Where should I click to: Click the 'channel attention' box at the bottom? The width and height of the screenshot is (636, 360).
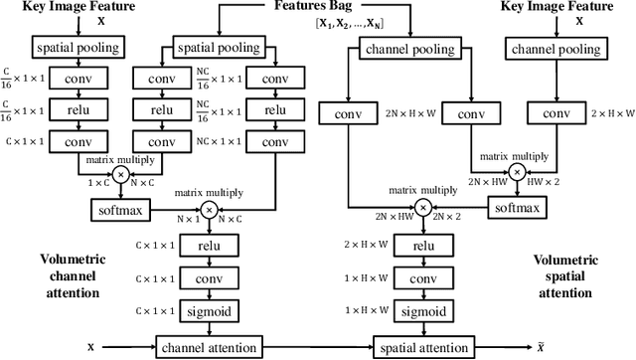click(x=210, y=347)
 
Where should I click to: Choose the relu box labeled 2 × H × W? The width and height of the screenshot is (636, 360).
click(x=423, y=244)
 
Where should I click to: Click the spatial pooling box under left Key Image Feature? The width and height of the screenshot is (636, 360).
click(x=78, y=47)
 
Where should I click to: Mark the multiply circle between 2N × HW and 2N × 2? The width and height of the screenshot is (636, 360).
click(x=423, y=208)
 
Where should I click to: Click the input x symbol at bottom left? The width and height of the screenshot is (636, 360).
click(x=91, y=347)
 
